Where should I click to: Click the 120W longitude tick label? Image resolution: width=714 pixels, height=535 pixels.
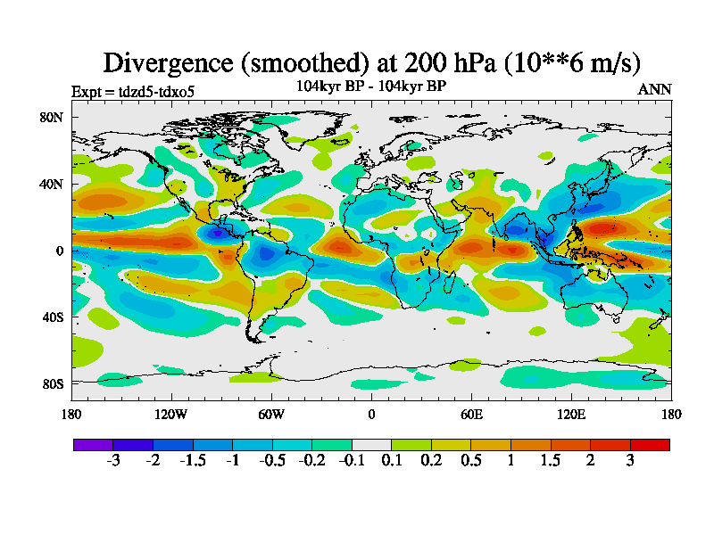point(171,414)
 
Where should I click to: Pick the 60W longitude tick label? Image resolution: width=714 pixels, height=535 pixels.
point(271,414)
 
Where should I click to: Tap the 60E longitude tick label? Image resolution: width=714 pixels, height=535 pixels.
point(471,414)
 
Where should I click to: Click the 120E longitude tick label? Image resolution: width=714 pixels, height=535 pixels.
point(571,414)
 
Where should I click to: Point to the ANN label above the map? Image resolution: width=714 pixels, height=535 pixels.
point(655,89)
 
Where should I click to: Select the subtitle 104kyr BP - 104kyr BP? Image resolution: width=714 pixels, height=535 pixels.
point(371,86)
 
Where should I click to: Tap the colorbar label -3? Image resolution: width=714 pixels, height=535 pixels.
point(113,460)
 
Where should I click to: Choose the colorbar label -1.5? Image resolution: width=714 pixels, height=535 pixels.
point(193,460)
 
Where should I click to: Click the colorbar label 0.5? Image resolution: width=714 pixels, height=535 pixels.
point(470,460)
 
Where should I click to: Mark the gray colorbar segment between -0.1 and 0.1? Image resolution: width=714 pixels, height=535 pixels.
point(371,444)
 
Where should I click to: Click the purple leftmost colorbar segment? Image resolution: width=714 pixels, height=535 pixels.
point(93,444)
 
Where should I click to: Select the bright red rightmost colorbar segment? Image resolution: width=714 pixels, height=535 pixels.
point(650,444)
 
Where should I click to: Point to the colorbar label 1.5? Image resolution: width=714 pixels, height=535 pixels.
point(550,460)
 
